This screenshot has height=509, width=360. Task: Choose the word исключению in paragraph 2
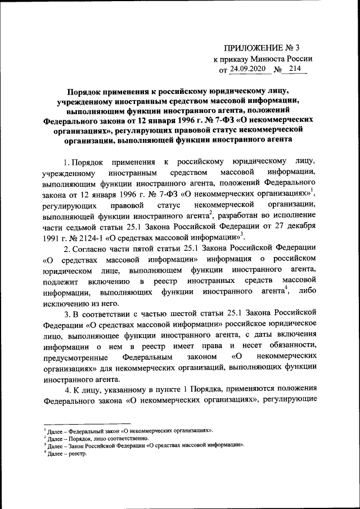click(66, 302)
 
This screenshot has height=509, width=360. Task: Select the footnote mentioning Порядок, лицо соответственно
click(99, 438)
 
